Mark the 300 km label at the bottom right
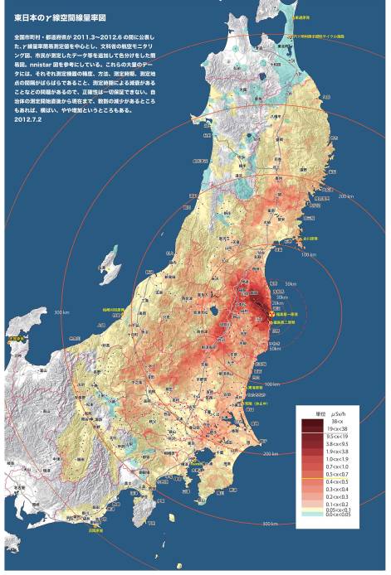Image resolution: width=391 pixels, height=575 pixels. (x=269, y=524)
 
